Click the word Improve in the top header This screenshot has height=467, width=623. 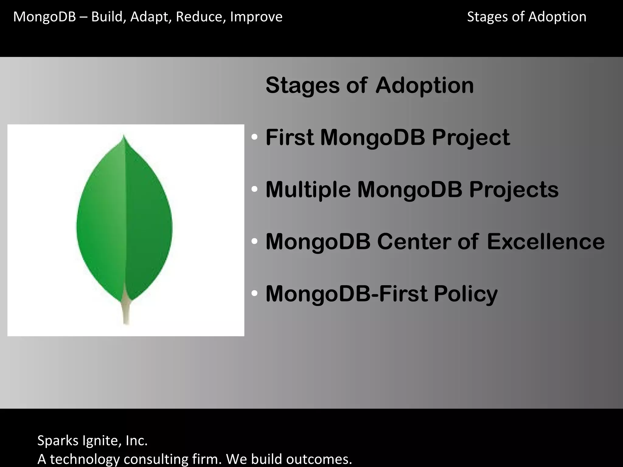[256, 17]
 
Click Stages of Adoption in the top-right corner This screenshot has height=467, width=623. [526, 17]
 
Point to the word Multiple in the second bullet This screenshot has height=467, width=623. [308, 190]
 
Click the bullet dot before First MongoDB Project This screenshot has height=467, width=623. [255, 137]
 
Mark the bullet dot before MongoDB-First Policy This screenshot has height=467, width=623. [255, 294]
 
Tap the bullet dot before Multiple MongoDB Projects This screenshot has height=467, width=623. [255, 189]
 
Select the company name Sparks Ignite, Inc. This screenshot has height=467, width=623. [92, 441]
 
